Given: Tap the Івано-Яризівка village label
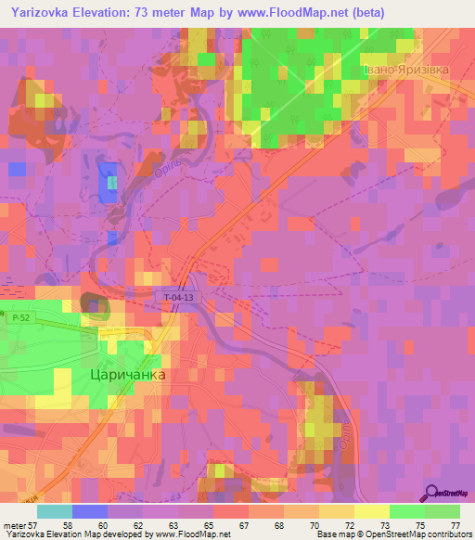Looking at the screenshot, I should [404, 69].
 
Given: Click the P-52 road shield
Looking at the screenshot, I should [20, 318].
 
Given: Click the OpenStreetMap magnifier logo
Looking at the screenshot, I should [432, 493].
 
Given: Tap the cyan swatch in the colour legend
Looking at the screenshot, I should [54, 511].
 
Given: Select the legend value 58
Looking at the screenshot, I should [68, 524].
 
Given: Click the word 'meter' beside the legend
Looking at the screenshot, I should [18, 524].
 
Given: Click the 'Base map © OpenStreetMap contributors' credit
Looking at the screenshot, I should [393, 534].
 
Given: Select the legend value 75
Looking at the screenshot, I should [421, 524].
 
